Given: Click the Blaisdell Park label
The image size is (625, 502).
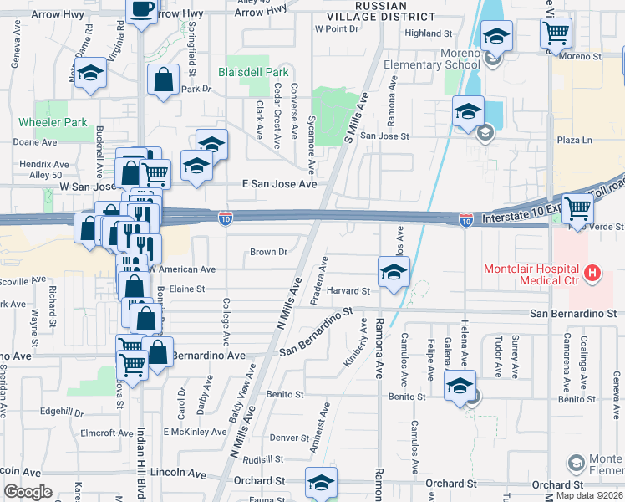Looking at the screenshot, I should click(x=253, y=73).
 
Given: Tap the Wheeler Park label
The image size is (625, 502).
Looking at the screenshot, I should click(x=52, y=123).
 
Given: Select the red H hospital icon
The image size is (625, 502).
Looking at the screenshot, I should click(x=592, y=273).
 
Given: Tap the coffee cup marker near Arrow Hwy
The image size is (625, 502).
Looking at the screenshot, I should click(x=141, y=10).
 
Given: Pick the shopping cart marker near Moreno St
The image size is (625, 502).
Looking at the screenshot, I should click(x=556, y=34).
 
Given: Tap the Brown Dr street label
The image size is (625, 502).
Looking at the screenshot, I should click(x=268, y=252).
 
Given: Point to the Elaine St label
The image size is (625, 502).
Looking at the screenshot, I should click(x=187, y=289).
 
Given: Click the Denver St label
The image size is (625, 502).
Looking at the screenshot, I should click(x=289, y=438).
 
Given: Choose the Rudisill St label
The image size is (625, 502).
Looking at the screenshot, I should click(x=265, y=459).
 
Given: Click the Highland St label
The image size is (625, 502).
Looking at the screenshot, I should click(x=428, y=33).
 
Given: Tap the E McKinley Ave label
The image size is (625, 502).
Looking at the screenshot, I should click(x=195, y=433).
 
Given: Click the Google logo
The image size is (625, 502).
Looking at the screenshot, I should click(x=28, y=492).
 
